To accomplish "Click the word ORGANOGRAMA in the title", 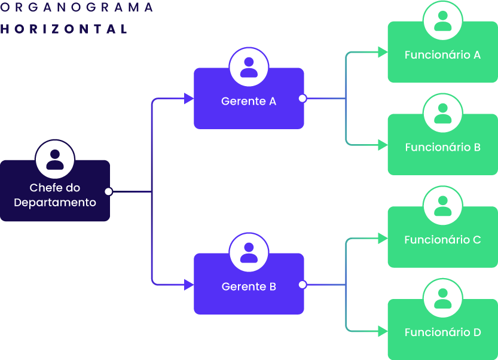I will click(77, 8).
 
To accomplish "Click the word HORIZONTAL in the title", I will click(65, 29).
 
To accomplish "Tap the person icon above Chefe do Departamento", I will click(55, 159).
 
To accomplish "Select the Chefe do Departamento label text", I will click(55, 196).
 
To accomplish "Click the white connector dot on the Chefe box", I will click(108, 191).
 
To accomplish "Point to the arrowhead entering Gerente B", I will click(188, 285).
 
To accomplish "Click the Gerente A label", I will click(249, 102).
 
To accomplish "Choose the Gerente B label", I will click(249, 287).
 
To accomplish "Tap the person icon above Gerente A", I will click(249, 66).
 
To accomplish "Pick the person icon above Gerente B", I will click(249, 252).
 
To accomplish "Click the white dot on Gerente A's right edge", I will click(303, 98).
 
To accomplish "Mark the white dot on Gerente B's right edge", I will click(303, 285).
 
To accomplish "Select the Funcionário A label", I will click(442, 55).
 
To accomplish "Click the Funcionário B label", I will click(442, 148).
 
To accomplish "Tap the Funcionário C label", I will click(442, 240).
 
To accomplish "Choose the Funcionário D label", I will click(442, 332).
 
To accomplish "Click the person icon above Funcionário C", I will click(443, 206).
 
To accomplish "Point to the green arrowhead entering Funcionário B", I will click(383, 145).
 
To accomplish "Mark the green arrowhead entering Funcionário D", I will click(383, 331).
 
